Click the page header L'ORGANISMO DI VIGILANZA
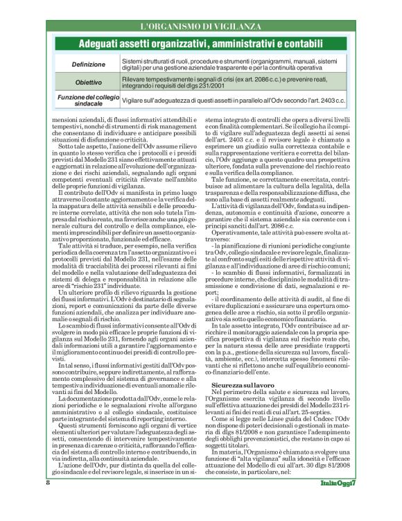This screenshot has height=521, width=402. tap(200, 26)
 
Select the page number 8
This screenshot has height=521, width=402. tap(48, 502)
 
